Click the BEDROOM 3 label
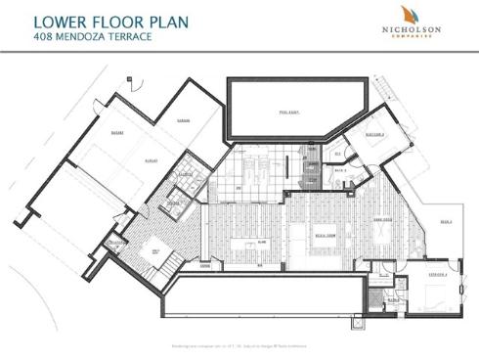click(374, 133)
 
